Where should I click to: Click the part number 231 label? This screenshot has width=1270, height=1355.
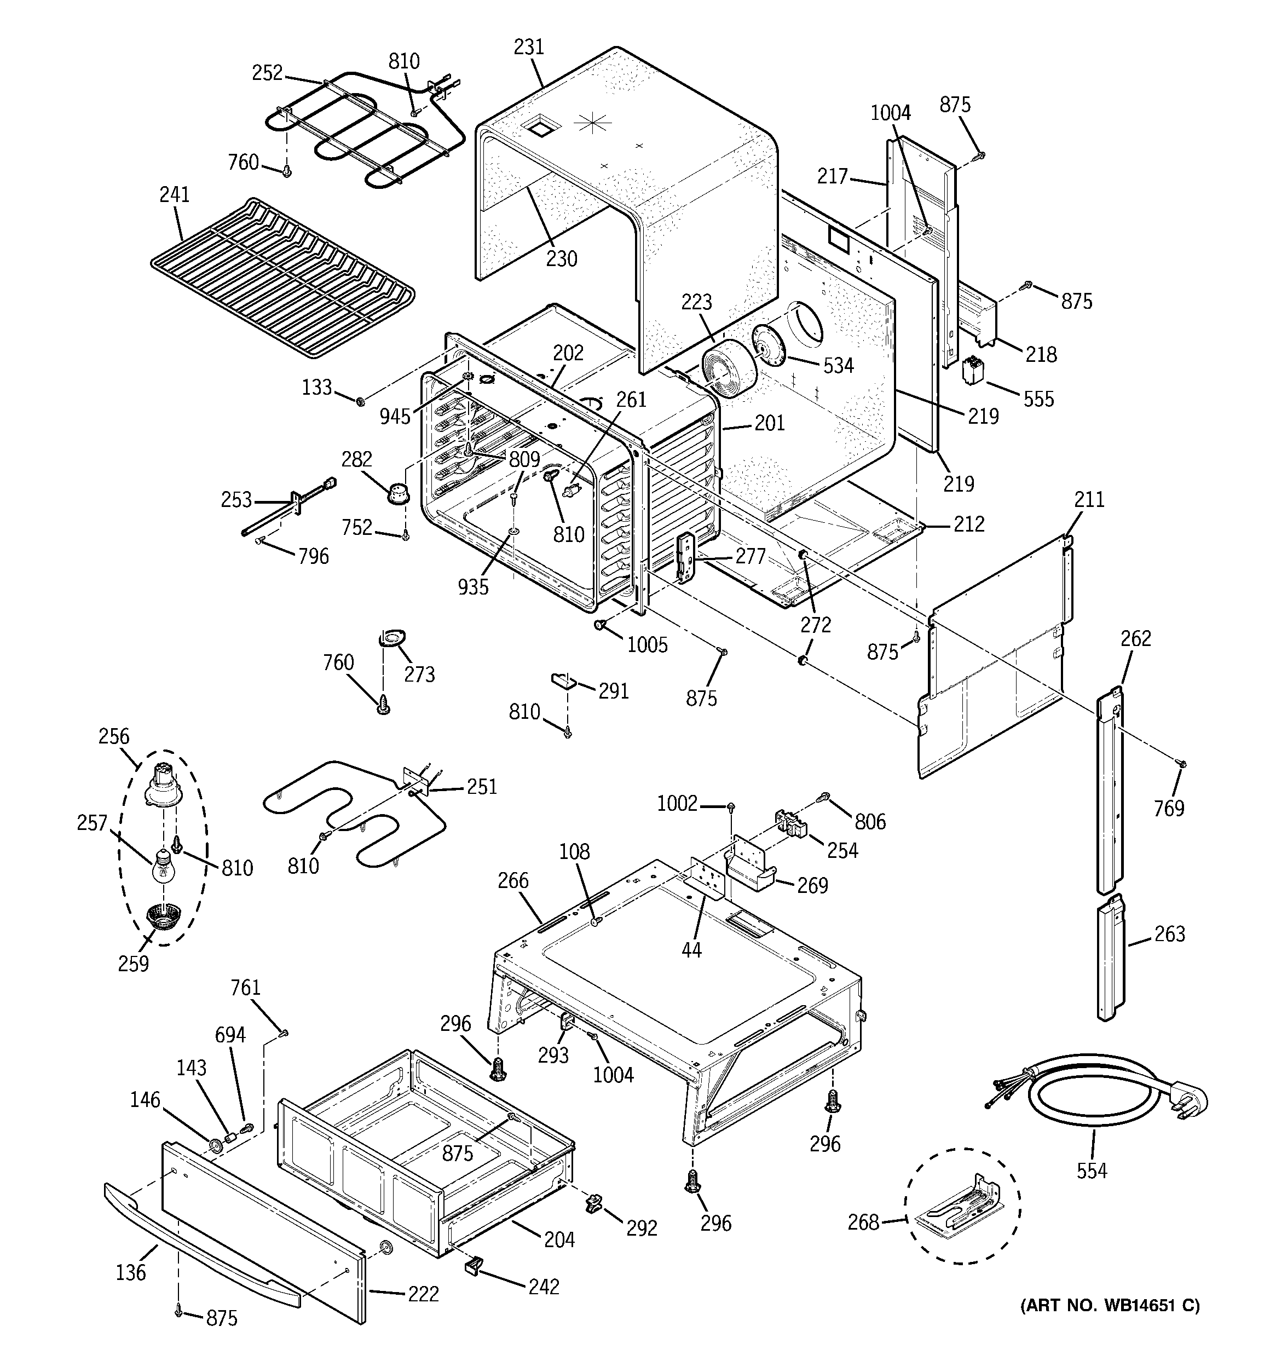click(528, 47)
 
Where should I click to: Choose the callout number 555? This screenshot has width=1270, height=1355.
click(1038, 399)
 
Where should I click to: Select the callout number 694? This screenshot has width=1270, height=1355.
click(230, 1034)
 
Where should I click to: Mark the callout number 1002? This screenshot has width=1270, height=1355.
click(678, 804)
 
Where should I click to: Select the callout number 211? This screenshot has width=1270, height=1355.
click(1089, 500)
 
